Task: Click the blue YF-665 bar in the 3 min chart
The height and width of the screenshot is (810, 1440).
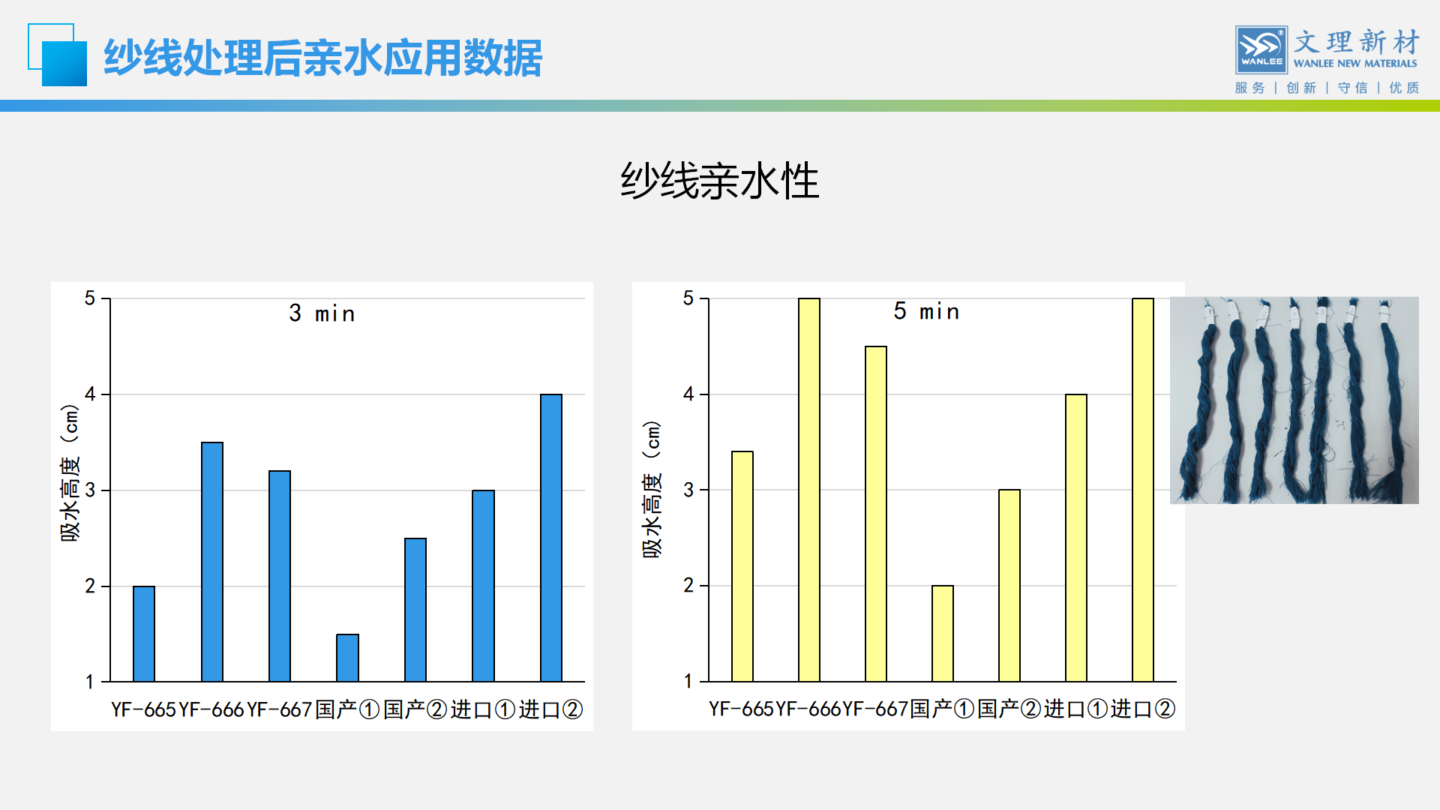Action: [x=144, y=634]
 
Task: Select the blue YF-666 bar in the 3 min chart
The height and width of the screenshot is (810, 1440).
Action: [x=212, y=562]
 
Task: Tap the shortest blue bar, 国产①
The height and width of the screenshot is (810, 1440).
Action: [x=347, y=658]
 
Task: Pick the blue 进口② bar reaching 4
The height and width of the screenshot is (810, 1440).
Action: [x=551, y=538]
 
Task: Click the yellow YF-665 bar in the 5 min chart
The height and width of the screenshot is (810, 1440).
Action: [x=742, y=566]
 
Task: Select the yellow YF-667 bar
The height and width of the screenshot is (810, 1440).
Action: [x=876, y=514]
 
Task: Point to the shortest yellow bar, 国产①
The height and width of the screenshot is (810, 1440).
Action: [x=943, y=634]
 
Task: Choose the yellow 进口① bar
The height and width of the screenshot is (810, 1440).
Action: [x=1076, y=538]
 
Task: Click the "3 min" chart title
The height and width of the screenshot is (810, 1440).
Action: [x=322, y=313]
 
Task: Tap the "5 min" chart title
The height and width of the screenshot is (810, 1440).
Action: [x=926, y=311]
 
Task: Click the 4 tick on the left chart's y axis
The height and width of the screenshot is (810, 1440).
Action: [x=91, y=394]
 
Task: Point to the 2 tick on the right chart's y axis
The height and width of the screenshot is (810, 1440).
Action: [x=688, y=586]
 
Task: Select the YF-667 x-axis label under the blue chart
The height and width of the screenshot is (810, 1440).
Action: [x=279, y=709]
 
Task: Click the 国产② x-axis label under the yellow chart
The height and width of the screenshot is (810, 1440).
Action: [x=1009, y=709]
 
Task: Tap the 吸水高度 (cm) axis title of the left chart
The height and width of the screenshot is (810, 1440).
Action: [x=70, y=472]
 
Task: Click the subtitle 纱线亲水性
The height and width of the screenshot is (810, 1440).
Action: [x=720, y=181]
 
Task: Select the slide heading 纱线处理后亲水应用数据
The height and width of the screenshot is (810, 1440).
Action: [x=322, y=58]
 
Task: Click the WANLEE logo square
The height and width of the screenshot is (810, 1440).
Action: [x=1261, y=50]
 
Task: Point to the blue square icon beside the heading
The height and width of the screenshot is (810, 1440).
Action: [x=58, y=55]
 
